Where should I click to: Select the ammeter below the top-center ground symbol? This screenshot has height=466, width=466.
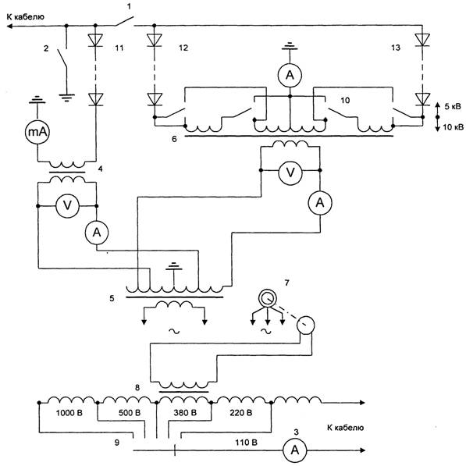coord(290,75)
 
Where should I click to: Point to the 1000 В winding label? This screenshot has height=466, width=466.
coord(69,413)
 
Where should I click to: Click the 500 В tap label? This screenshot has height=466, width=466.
coord(130,413)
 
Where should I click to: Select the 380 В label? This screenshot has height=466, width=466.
coord(185,413)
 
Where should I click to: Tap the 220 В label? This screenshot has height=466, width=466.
coord(241,413)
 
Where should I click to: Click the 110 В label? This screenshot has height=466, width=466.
coord(247,443)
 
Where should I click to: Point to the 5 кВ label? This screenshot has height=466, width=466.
coord(453,106)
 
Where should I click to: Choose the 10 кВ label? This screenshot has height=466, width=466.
coord(454,127)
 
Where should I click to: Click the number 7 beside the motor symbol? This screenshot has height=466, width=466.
coord(286,283)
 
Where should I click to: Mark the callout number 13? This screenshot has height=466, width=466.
coord(396,48)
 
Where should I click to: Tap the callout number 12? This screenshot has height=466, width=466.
coord(183,48)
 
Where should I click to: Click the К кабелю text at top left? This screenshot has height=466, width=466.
coord(25,17)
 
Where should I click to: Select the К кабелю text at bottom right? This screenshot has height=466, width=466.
coord(345,428)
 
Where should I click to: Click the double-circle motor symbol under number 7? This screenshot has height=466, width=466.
coord(267,298)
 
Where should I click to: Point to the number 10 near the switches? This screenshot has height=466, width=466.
coord(345,100)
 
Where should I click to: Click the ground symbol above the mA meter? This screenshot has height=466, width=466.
coord(37,100)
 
